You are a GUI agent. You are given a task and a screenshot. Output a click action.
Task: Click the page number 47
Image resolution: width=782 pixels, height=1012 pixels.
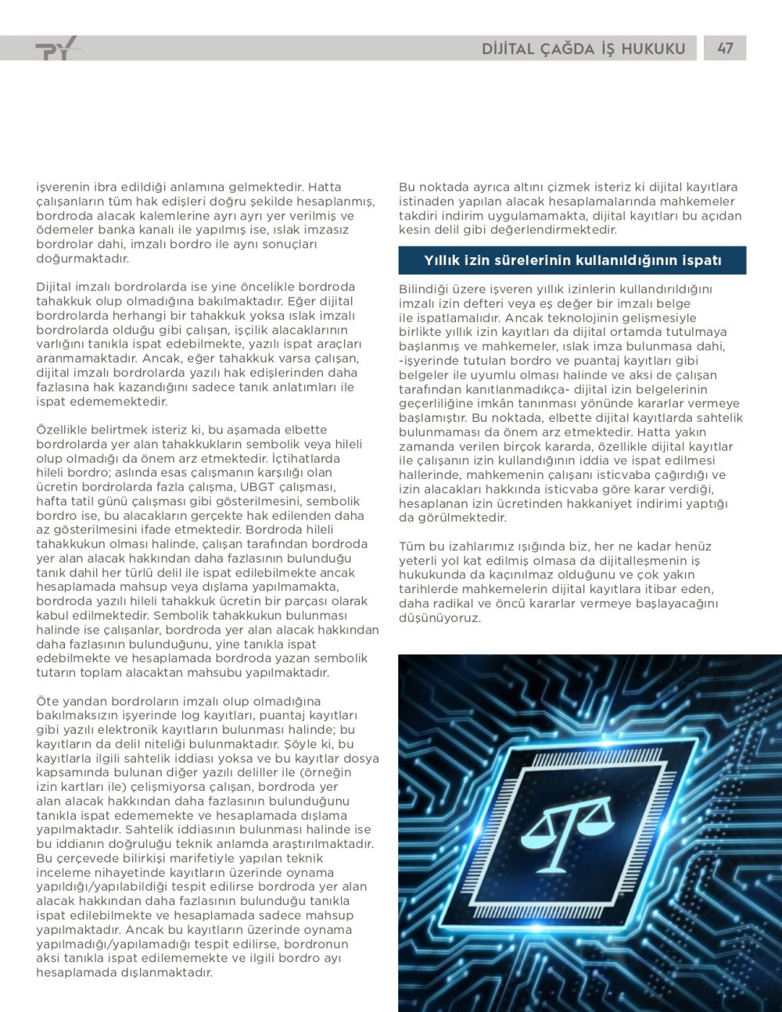tap(725, 48)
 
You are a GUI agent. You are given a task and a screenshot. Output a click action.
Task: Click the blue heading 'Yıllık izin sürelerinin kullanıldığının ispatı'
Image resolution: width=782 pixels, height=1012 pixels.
tap(572, 260)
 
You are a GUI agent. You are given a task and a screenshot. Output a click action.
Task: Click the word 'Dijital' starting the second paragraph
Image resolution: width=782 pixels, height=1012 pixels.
tap(56, 287)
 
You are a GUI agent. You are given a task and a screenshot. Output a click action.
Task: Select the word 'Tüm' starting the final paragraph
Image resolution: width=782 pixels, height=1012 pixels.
tap(412, 546)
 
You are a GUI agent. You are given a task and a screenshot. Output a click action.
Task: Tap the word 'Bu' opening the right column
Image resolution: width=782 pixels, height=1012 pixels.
tap(407, 188)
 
